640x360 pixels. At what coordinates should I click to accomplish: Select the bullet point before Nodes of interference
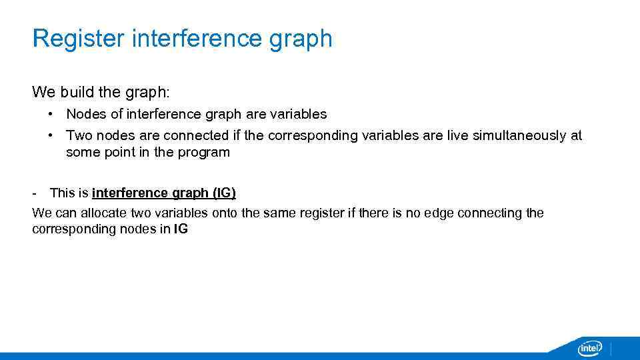click(51, 114)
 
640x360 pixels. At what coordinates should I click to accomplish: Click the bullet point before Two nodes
click(51, 135)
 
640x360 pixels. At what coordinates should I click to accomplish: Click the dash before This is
click(34, 193)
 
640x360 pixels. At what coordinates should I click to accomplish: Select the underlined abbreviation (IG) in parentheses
click(224, 193)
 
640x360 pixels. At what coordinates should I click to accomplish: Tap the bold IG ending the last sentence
click(181, 230)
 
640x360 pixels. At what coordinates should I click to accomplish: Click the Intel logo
click(589, 348)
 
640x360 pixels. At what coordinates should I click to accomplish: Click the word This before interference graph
click(62, 193)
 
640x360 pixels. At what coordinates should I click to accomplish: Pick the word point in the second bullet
click(117, 152)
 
